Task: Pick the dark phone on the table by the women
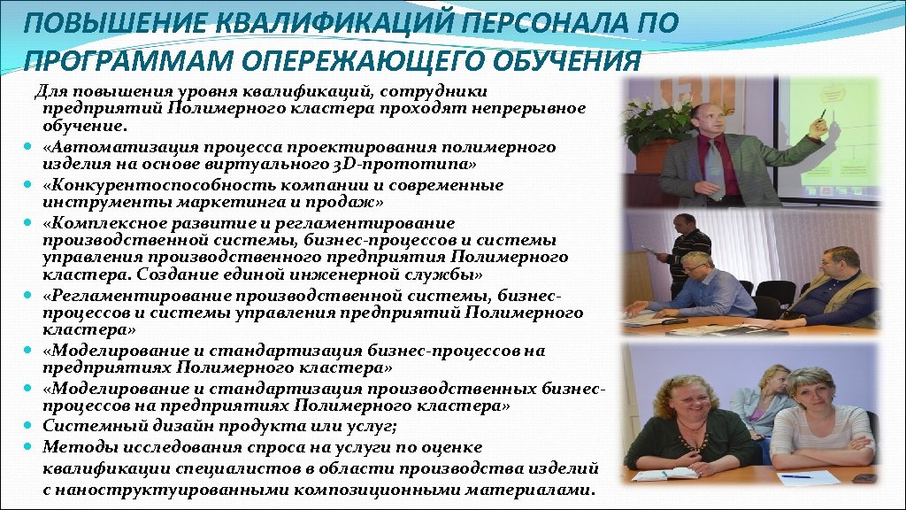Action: tap(864, 478)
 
